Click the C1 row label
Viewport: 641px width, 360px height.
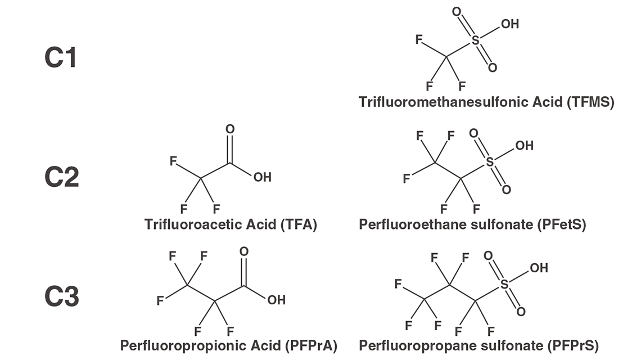click(x=61, y=58)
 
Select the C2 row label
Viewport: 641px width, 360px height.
click(x=62, y=177)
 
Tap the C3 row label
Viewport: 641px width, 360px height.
click(x=62, y=296)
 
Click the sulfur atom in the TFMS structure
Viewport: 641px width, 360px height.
click(x=475, y=40)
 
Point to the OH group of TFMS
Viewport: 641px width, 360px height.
click(x=510, y=24)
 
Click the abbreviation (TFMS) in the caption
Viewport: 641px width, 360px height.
click(x=590, y=102)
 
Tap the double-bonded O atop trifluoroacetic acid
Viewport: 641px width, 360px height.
click(x=230, y=129)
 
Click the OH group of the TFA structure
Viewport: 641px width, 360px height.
click(x=263, y=177)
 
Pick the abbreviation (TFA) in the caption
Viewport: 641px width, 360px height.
click(x=299, y=224)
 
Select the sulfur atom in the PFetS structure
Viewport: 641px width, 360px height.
click(x=489, y=162)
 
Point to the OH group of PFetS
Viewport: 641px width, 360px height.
click(x=525, y=146)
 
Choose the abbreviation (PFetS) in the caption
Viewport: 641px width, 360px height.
click(x=562, y=224)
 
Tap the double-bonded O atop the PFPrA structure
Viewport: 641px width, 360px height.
click(x=244, y=251)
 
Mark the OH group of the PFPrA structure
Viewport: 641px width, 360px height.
click(x=276, y=300)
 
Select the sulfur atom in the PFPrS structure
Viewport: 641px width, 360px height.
click(x=504, y=284)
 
